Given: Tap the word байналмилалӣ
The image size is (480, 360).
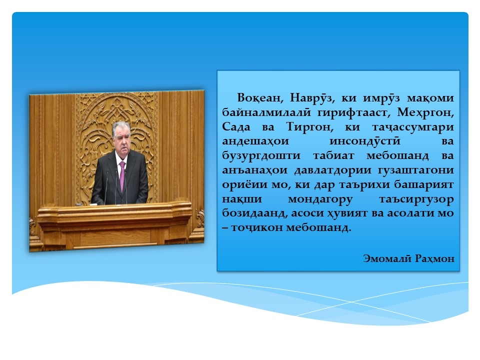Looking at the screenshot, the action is pos(266,112).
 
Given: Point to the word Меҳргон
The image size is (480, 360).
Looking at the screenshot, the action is pos(425,113).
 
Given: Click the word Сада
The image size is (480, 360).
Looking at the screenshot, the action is pos(236,126).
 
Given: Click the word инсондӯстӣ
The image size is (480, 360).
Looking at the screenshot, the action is pos(365,141).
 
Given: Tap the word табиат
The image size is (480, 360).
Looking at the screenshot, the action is pos(333,155).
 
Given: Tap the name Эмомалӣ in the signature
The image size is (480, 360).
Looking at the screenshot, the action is pos(387,258).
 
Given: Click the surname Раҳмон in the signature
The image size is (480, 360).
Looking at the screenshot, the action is pos(434,259).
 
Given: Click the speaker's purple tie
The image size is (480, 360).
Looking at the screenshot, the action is pos(122,175).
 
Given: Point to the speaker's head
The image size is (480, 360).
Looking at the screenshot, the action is pos(121,135).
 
